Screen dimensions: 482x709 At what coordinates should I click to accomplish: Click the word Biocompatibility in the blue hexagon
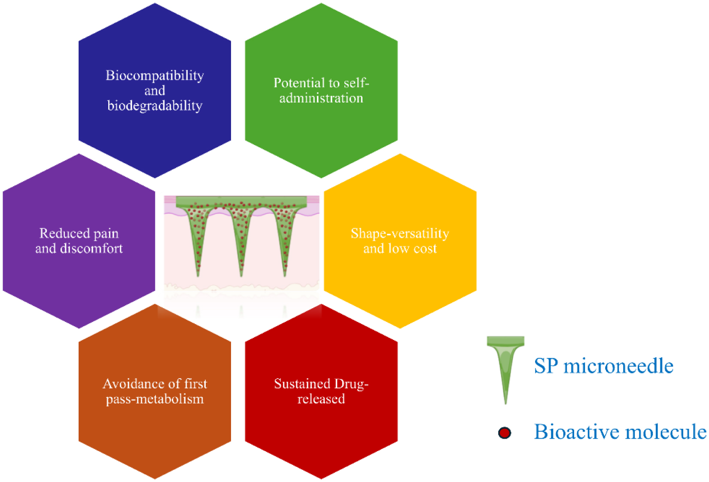click(x=155, y=76)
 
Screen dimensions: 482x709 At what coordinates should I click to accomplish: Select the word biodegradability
click(x=155, y=106)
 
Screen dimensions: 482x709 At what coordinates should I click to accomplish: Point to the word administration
click(x=321, y=98)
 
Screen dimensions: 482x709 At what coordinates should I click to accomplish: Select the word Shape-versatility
click(x=400, y=233)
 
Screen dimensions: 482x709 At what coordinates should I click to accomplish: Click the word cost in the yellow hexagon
click(x=425, y=249)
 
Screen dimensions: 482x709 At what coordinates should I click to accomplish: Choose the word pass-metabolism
click(x=155, y=399)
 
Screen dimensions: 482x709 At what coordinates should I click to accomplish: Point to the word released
click(x=321, y=399)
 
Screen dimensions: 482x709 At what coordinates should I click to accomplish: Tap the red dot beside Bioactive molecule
click(x=505, y=433)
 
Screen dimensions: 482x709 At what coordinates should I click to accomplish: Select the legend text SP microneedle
click(x=603, y=366)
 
